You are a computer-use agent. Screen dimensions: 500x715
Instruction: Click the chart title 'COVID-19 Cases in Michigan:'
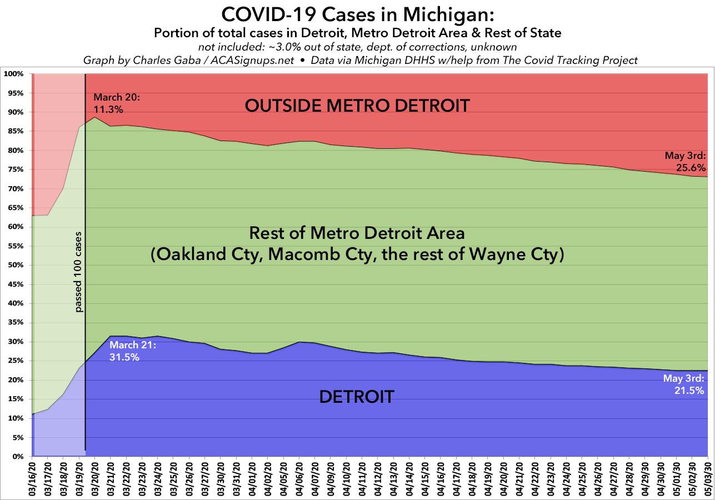coord(357,13)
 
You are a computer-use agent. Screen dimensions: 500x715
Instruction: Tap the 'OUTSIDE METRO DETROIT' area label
coord(357,105)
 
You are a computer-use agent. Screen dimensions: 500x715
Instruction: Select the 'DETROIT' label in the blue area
coord(357,397)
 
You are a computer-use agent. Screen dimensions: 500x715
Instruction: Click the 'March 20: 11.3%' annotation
coord(117,104)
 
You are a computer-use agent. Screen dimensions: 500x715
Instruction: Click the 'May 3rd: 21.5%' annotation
coord(684,384)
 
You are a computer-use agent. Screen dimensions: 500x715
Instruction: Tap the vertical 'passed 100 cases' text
coord(78,272)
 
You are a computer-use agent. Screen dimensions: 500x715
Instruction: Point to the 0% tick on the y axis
coord(16,457)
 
